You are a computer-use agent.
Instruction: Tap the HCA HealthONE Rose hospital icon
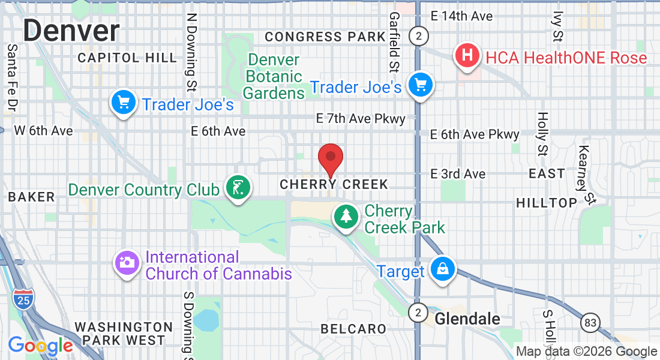point(468,56)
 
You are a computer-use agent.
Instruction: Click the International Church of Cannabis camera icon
point(126,264)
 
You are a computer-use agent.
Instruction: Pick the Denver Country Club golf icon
point(238,188)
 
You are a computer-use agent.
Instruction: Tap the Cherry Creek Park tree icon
point(346,217)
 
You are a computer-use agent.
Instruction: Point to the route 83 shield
point(590,323)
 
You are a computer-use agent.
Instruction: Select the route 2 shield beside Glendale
point(418,313)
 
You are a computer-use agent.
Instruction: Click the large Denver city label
point(71,30)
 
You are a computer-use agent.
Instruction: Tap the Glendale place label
point(467,319)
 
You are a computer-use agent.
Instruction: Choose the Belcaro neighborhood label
point(353,329)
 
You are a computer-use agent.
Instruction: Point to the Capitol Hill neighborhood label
point(127,58)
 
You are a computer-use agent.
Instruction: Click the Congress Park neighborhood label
point(325,37)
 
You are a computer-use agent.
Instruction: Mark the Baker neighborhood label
point(31,197)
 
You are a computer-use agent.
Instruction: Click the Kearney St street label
point(586,174)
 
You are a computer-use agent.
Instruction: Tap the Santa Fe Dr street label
point(11,78)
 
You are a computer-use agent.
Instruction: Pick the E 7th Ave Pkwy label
point(361,119)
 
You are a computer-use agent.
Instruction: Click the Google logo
point(40,346)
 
